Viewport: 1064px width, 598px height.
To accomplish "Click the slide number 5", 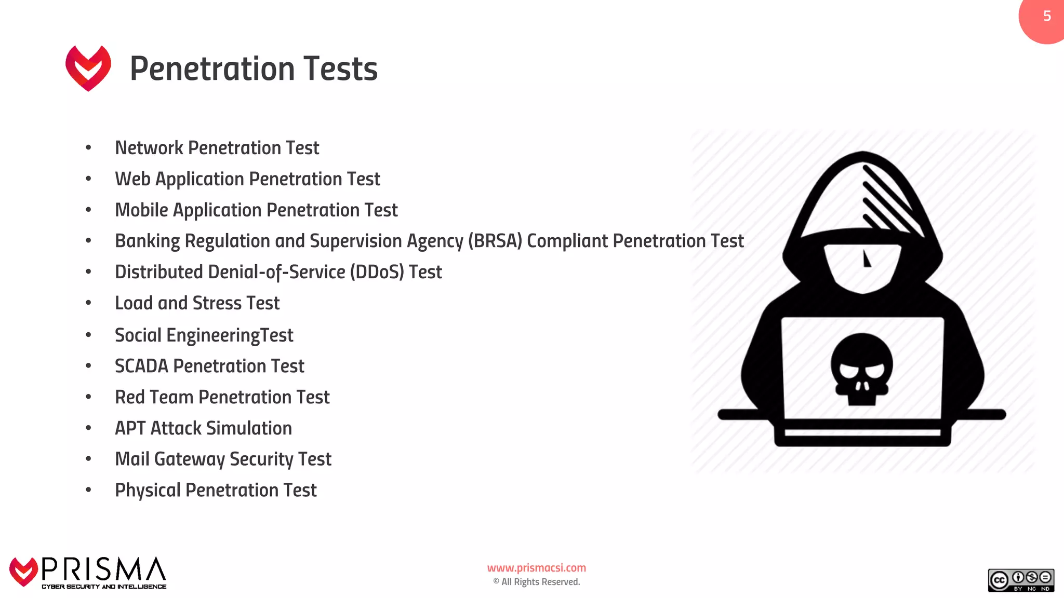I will point(1047,16).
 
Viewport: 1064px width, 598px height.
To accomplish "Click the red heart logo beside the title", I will point(88,68).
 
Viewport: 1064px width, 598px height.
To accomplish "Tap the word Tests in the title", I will point(340,69).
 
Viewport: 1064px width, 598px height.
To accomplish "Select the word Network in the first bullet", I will point(149,148).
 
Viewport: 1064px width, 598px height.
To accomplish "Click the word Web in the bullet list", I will point(132,179).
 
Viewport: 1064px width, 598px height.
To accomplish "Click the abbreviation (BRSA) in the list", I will point(495,241).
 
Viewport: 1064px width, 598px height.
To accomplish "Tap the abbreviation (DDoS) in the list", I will point(377,272).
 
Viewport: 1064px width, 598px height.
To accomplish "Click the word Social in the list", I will point(138,335).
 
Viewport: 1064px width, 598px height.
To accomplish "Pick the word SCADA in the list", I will point(141,366).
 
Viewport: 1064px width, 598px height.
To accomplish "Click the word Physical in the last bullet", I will point(148,491).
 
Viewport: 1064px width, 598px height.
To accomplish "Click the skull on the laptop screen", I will point(861,369).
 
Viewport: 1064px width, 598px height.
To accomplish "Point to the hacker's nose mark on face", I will point(866,259).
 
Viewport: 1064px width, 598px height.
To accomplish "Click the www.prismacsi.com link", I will point(536,568).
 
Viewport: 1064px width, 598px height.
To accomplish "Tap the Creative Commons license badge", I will point(1020,580).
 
